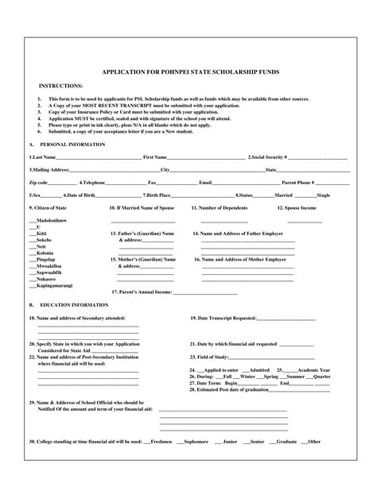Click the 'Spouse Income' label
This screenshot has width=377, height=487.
296,207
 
